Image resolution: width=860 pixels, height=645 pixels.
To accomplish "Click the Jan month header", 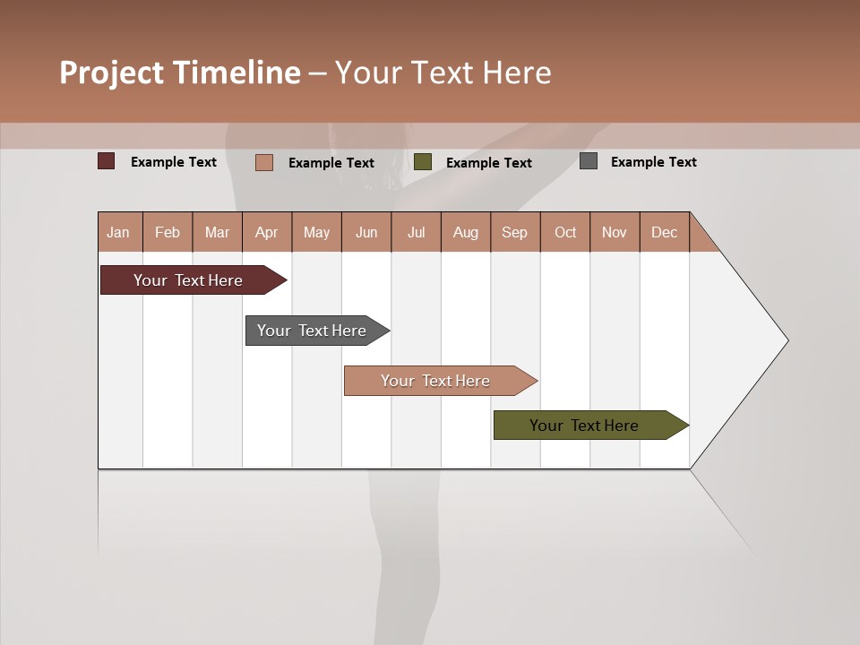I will coord(119,232).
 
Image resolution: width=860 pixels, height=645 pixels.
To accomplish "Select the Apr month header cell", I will coord(267,232).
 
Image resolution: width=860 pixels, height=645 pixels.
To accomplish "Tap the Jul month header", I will coord(416,232).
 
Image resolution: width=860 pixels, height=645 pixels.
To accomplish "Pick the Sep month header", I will coord(515,232).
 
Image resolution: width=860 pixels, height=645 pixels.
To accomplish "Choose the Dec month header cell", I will coord(664,232).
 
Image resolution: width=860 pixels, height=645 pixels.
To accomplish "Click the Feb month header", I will coord(168,232).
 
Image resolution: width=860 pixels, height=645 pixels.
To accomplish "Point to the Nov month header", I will coord(615,232).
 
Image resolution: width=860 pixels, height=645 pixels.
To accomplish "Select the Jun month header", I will coord(366,232).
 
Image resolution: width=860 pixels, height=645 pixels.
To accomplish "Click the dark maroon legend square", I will coord(107,161).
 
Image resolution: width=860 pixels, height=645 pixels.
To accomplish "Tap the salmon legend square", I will coord(264,162).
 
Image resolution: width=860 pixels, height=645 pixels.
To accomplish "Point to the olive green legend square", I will coord(423,162).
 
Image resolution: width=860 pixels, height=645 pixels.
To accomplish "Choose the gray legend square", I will coord(589,161).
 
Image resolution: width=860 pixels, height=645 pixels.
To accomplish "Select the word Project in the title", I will coord(112,73).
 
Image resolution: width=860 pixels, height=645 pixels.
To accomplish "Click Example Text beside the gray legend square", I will coord(653,162).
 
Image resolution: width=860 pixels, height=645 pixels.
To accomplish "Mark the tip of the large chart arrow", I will coord(787,340).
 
